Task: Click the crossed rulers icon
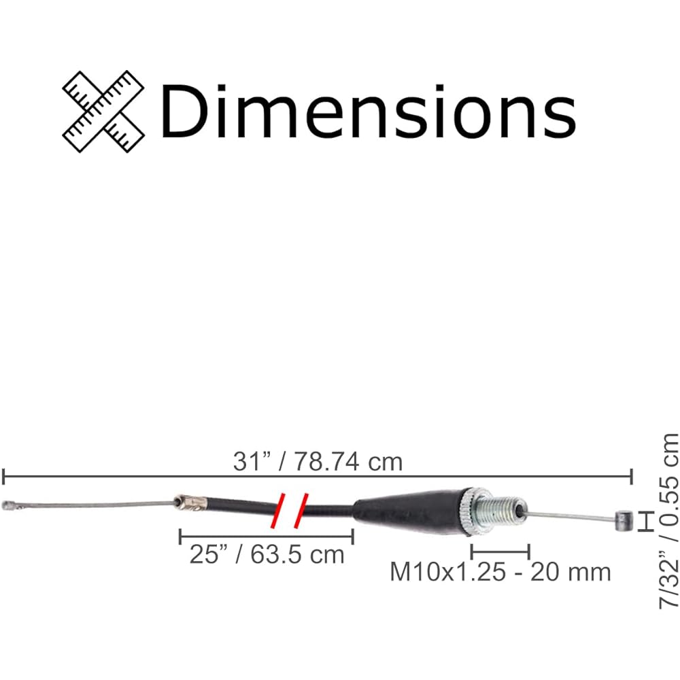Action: coord(103,112)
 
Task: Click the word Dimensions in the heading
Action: coord(368,112)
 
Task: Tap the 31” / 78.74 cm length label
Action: coord(318,462)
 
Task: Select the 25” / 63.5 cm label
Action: coord(267,554)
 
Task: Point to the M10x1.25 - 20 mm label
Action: coord(500,572)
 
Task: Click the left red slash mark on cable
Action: coord(277,511)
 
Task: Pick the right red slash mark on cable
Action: coord(301,511)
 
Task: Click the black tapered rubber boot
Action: coord(407,511)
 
